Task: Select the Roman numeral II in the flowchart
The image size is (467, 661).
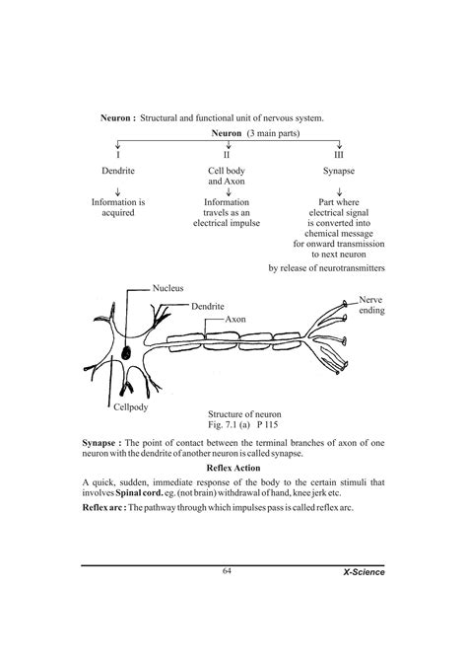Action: tap(228, 155)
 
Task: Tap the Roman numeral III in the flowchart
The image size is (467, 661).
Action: tap(338, 155)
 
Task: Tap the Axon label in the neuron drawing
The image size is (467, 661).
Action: tap(234, 320)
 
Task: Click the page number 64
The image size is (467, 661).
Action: tap(227, 571)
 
